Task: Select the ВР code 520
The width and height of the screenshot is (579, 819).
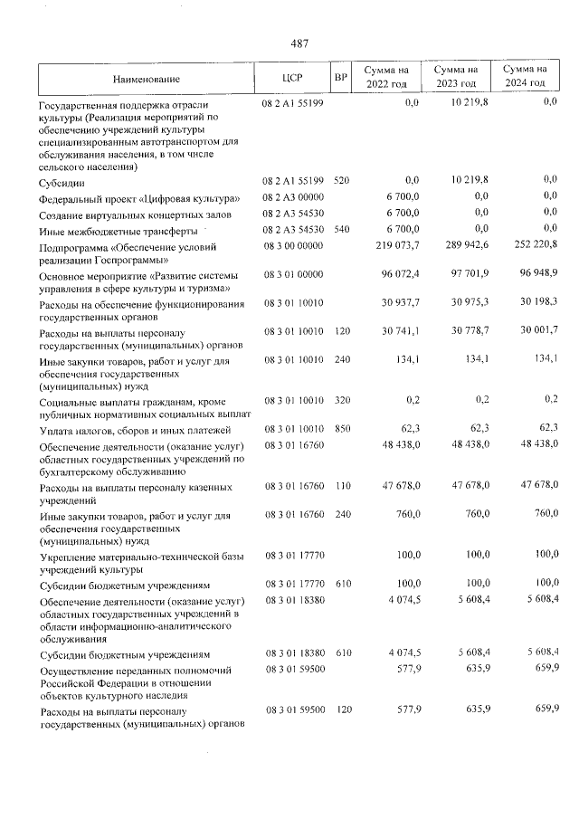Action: coord(341,181)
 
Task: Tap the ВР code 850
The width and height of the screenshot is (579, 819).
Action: coord(341,429)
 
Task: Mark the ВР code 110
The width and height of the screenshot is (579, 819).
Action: coord(341,487)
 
